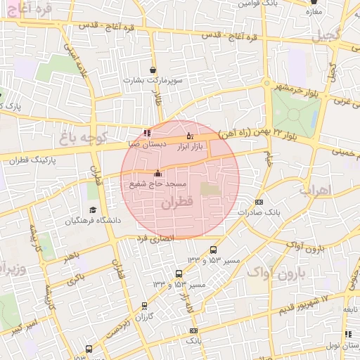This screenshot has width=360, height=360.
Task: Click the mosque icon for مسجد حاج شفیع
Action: (157, 174)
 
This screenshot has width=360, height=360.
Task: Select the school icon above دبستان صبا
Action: (146, 132)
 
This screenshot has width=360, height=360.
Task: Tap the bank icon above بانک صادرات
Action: (259, 202)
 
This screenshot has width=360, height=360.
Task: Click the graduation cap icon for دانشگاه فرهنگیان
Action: (93, 210)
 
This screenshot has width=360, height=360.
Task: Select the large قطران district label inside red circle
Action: (176, 204)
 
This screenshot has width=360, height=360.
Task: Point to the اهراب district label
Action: (324, 190)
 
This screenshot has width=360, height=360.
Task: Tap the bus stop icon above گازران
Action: (144, 306)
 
